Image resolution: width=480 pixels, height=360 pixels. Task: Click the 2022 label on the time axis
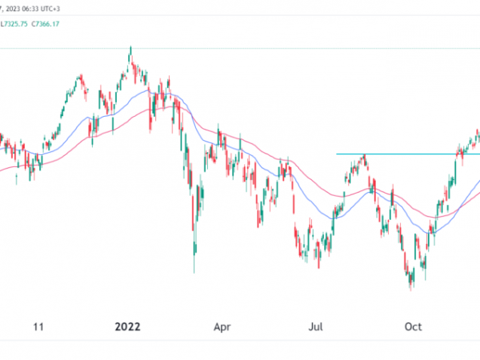(x=127, y=326)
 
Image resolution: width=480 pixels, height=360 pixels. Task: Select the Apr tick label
(x=223, y=326)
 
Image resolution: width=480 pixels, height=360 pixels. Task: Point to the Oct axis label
(x=414, y=326)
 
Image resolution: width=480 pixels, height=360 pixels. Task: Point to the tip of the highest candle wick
(x=130, y=46)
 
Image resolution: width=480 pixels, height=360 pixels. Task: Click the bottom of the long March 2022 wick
(x=194, y=273)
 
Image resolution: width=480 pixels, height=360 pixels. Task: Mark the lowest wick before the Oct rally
(x=411, y=290)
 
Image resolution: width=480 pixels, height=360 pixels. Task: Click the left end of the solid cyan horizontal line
(x=337, y=154)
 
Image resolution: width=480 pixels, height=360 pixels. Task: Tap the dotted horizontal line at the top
(x=240, y=48)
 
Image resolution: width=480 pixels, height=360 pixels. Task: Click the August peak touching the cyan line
(x=364, y=154)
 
